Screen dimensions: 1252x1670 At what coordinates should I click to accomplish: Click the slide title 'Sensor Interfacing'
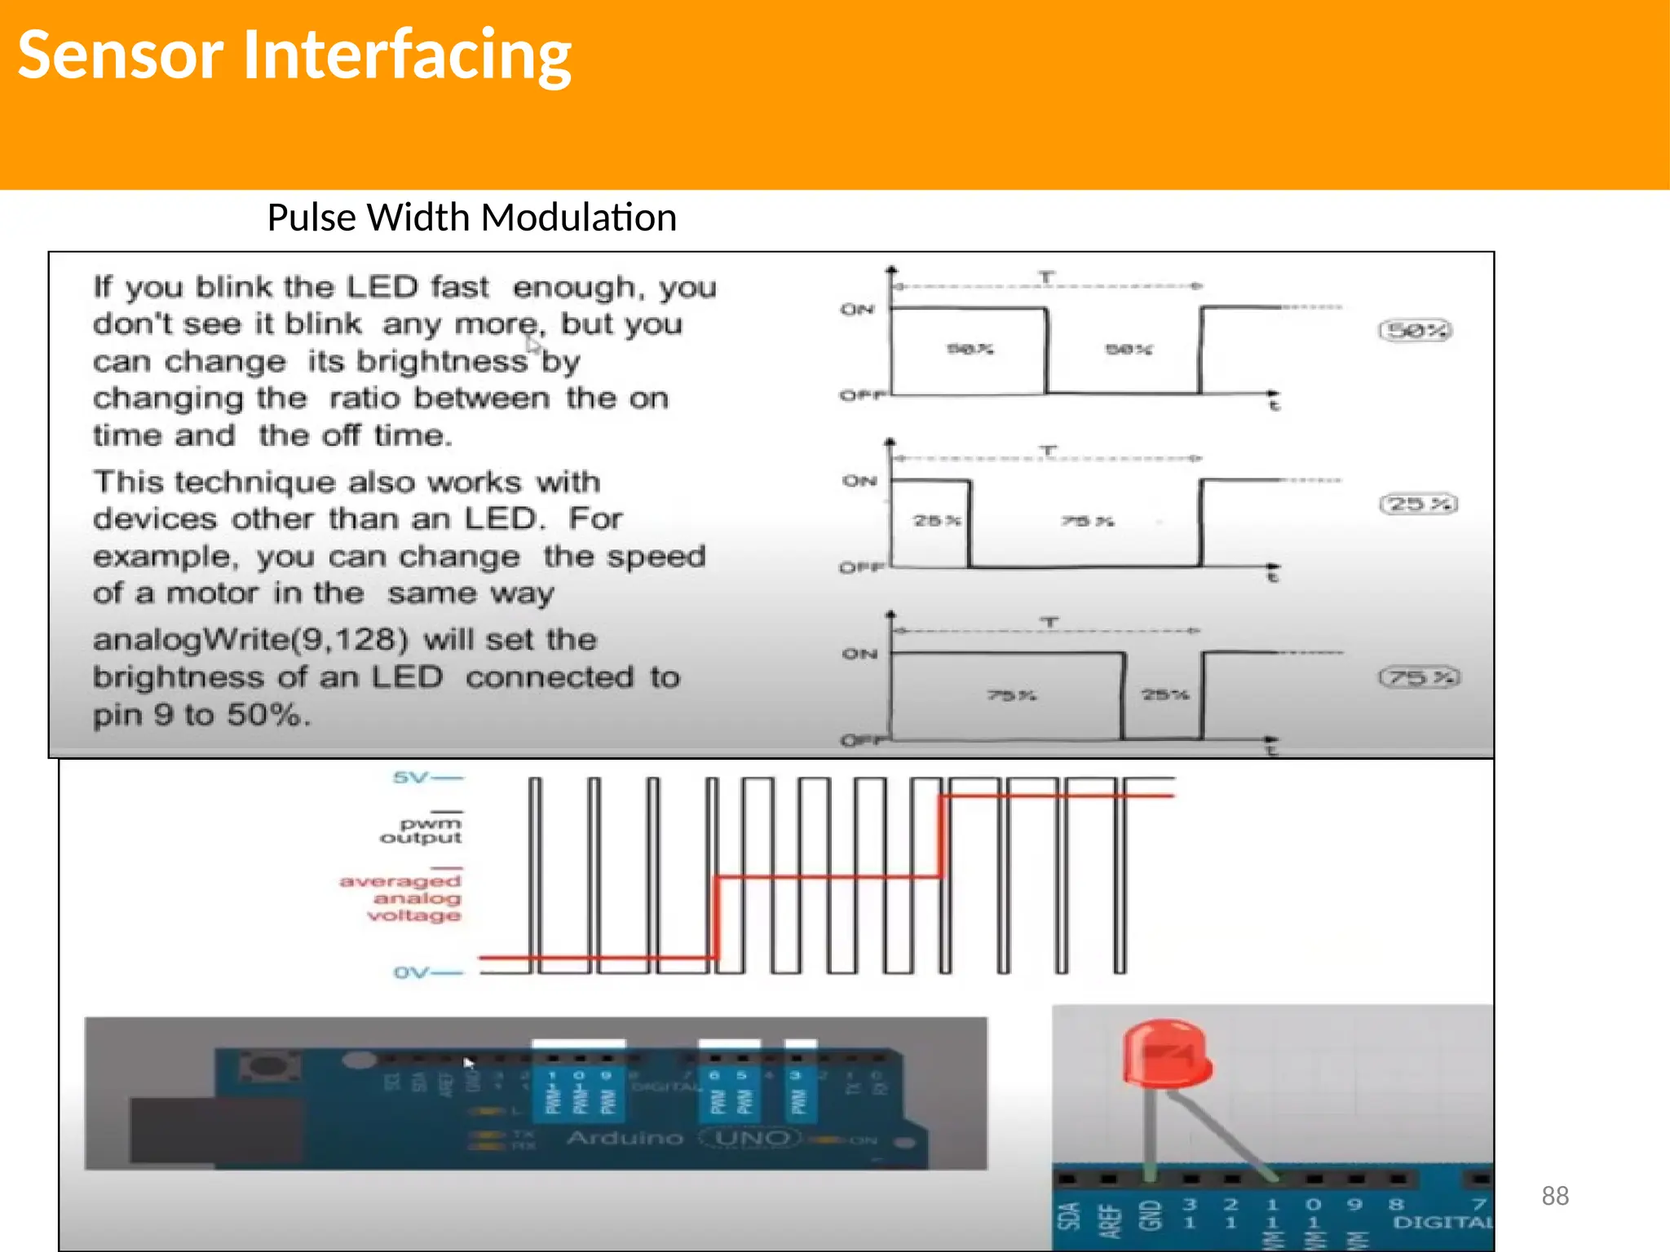(x=294, y=55)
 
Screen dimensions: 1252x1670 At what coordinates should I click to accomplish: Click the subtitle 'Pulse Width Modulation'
(x=471, y=218)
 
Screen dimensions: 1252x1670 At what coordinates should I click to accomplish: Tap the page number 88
(x=1554, y=1196)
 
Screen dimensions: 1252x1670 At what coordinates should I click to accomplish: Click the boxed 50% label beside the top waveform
(x=1416, y=330)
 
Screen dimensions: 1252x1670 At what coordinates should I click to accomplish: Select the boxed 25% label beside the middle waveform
(x=1418, y=504)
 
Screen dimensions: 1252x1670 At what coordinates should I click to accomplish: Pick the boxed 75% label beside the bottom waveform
(x=1419, y=677)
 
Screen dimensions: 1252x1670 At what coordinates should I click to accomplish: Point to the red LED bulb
(x=1166, y=1055)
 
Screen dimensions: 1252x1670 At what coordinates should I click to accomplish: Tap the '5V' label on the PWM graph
(x=411, y=777)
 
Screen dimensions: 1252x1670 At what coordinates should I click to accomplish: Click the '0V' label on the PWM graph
(x=411, y=972)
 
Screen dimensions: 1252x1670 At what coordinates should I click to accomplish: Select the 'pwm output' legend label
(x=422, y=831)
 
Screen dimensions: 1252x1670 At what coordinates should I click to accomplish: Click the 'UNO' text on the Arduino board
(x=752, y=1137)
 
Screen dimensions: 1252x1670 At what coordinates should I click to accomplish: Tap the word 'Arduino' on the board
(x=625, y=1137)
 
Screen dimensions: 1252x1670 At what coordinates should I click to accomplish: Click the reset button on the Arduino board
(x=265, y=1066)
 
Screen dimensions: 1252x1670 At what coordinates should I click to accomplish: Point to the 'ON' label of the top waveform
(x=857, y=309)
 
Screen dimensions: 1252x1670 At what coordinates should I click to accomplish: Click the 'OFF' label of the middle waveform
(x=861, y=567)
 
